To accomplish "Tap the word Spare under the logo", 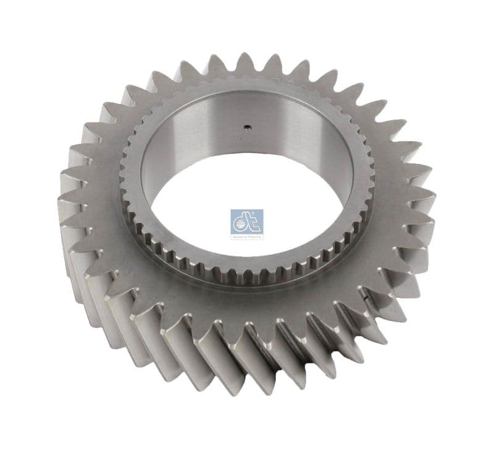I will pyautogui.click(x=241, y=236).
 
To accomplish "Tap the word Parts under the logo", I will pyautogui.click(x=254, y=236).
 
